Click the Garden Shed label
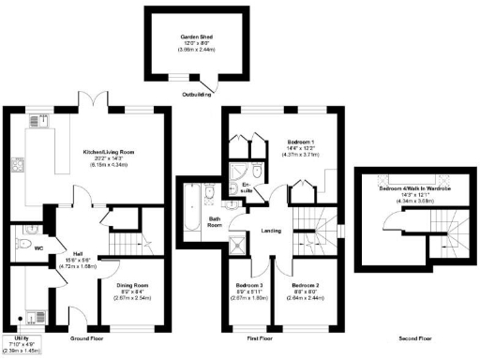tap(197, 37)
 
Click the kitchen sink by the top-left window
tap(36, 121)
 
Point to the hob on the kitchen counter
tap(20, 168)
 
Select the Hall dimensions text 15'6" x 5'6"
tap(73, 259)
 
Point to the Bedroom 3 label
tap(249, 284)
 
